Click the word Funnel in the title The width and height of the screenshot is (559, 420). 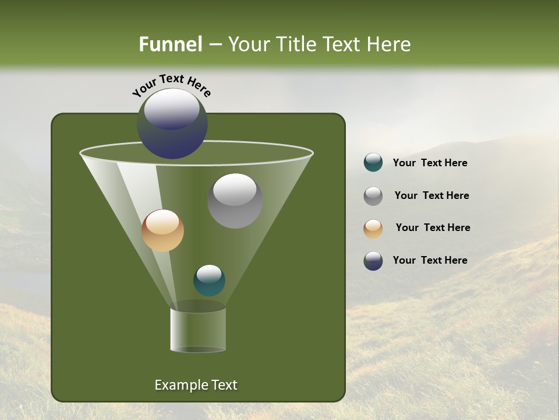(170, 44)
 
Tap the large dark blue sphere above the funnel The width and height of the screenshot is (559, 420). (172, 124)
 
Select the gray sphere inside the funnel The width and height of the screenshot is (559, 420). (235, 201)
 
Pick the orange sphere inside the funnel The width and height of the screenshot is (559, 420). (162, 230)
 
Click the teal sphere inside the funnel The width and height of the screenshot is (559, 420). (209, 281)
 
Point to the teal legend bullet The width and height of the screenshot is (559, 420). (373, 163)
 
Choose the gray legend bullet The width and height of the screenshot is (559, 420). (373, 195)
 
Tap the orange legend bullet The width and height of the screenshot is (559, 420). (373, 228)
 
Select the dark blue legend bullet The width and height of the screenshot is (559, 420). (373, 261)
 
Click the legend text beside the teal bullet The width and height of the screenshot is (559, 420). (430, 163)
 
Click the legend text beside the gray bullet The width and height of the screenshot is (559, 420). (431, 195)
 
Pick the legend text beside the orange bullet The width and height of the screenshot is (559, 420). (433, 228)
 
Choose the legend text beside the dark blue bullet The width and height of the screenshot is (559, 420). (430, 260)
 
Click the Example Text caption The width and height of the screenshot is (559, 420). (196, 385)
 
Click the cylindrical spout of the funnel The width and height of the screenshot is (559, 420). (198, 330)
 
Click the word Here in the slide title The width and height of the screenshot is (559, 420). (388, 44)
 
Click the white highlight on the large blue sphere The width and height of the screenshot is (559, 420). (172, 107)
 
